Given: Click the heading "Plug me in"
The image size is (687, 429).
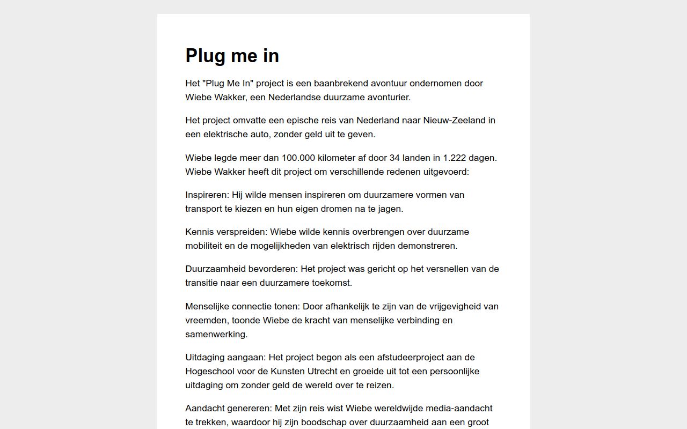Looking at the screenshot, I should (232, 56).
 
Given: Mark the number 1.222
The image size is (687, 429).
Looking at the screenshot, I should (455, 158).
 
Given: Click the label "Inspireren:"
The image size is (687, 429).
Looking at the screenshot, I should (207, 195).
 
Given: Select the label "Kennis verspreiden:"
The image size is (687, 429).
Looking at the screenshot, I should (226, 232).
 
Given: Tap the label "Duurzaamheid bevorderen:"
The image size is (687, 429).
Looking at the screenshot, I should (242, 269).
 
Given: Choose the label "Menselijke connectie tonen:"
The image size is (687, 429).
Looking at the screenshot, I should (243, 306).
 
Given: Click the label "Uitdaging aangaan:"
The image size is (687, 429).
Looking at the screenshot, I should (225, 357).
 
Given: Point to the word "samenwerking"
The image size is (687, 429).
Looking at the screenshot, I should (216, 334).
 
